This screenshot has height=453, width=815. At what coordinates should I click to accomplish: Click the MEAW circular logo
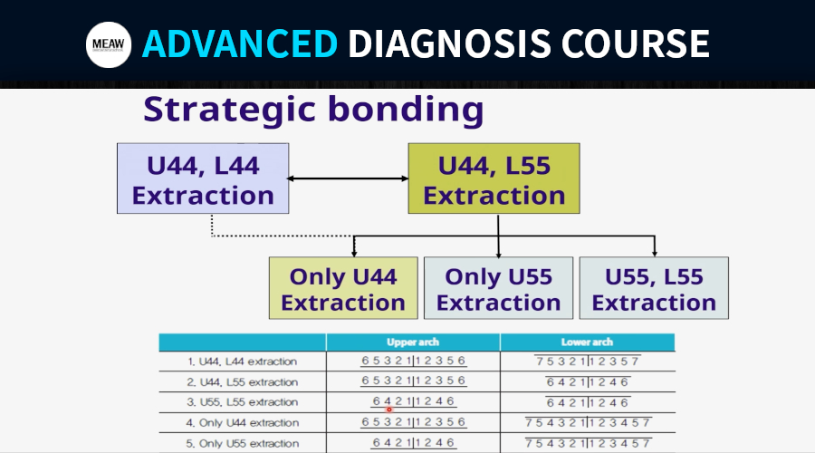click(109, 44)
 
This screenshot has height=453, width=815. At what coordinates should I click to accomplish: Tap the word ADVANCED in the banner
click(240, 43)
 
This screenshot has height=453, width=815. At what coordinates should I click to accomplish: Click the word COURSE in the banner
click(635, 43)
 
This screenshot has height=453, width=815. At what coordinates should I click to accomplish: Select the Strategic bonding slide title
click(313, 110)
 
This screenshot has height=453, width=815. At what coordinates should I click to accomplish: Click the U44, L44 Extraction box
click(203, 178)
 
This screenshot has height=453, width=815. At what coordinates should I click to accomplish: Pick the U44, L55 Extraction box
click(494, 178)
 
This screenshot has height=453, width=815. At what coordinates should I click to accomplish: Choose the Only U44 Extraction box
click(343, 288)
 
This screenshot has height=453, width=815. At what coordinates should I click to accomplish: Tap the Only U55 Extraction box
click(498, 288)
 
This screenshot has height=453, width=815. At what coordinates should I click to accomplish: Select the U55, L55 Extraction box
click(654, 288)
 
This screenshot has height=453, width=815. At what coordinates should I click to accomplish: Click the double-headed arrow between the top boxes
click(349, 178)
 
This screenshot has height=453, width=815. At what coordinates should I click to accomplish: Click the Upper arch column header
click(413, 342)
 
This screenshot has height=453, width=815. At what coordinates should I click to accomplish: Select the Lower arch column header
click(587, 342)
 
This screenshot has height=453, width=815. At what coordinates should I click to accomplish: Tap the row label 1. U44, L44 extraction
click(242, 361)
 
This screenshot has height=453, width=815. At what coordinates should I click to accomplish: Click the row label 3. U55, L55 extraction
click(242, 402)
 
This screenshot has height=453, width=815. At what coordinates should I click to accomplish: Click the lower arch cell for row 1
click(588, 361)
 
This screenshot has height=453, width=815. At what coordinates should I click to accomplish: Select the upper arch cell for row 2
click(413, 381)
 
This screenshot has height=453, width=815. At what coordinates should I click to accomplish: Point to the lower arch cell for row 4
click(588, 422)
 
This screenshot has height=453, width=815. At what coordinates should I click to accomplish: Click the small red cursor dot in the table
click(388, 410)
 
